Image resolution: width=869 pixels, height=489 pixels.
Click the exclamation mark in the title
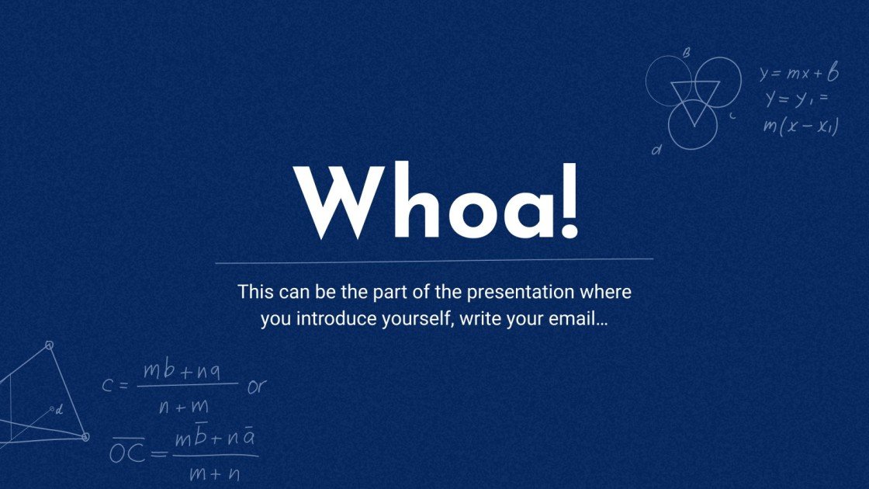point(569,200)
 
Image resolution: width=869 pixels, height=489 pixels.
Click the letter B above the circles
point(686,53)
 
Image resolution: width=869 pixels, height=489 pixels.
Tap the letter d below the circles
point(656,151)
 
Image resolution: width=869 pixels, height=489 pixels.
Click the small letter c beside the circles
point(732,116)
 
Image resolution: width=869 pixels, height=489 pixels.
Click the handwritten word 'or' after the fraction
point(256,386)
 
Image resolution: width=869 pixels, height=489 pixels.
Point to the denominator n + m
point(183,405)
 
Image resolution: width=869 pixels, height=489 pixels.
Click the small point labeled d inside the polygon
point(53,409)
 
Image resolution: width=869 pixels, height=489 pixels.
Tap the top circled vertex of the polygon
point(49,345)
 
